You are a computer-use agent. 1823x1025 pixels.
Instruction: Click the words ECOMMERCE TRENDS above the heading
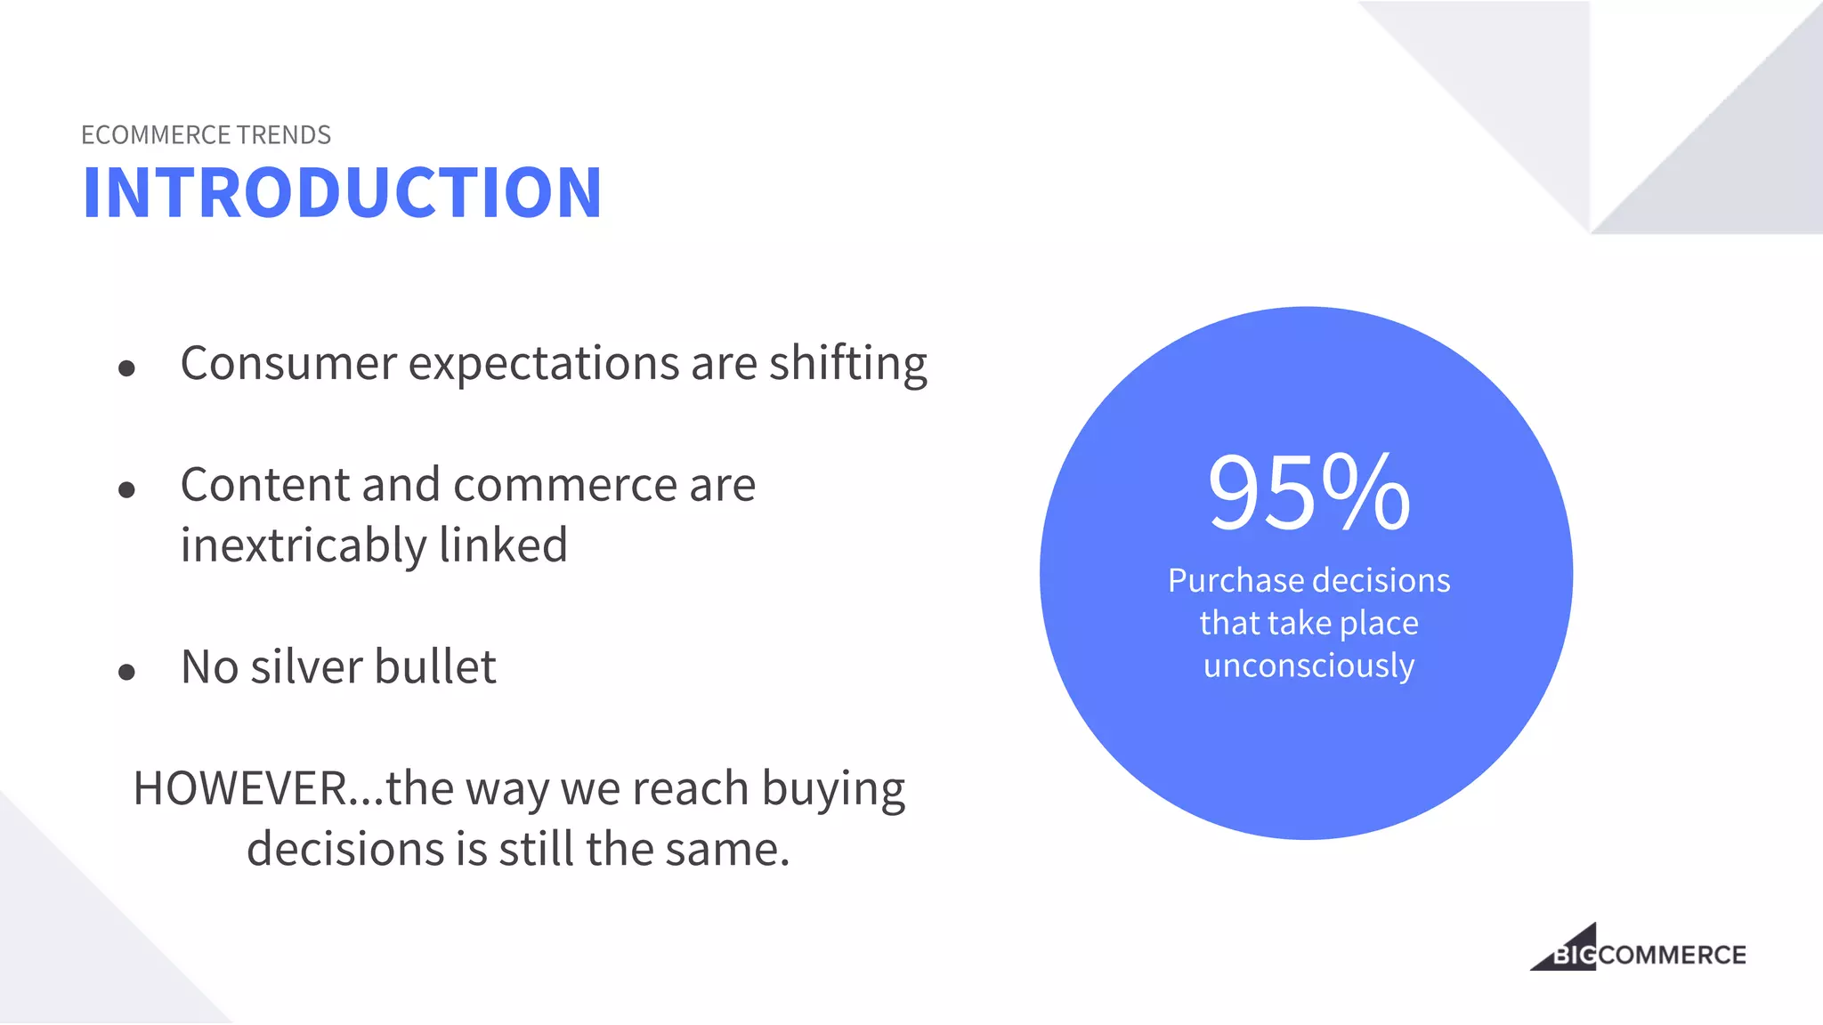206,135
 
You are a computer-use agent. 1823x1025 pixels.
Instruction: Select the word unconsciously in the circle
1309,666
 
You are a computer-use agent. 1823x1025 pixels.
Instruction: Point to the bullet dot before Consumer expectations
126,367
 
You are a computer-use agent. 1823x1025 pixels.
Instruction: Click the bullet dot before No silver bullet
126,672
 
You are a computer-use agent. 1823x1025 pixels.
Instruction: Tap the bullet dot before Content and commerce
126,489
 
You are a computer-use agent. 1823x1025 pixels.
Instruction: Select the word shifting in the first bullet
847,364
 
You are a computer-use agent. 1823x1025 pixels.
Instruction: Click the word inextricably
303,545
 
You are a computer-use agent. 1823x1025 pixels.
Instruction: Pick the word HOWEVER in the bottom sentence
239,788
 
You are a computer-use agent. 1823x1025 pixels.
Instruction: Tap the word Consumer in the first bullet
288,364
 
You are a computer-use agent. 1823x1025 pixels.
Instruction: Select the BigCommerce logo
1638,948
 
